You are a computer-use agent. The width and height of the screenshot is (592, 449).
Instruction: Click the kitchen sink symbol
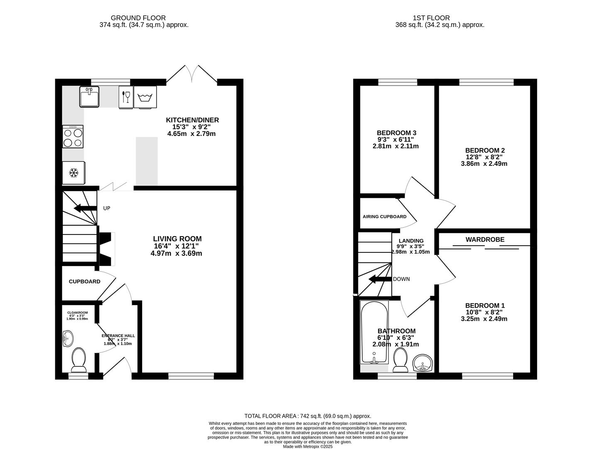point(89,97)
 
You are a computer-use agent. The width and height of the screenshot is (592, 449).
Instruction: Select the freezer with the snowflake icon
point(74,173)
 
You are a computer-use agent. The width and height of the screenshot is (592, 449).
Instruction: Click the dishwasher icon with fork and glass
point(126,97)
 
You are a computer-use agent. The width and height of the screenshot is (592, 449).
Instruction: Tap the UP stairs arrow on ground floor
point(83,208)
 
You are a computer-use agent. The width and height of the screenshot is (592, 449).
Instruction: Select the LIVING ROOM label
point(177,239)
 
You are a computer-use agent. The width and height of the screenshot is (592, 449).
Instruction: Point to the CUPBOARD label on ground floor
point(84,281)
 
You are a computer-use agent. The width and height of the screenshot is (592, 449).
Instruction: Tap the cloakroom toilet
point(79,360)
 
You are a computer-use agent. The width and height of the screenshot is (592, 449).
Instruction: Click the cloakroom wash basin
point(67,338)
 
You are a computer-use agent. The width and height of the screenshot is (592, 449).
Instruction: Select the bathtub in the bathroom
point(375,332)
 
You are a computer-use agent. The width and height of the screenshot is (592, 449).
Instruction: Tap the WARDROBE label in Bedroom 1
point(485,239)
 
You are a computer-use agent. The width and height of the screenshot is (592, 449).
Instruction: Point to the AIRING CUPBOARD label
point(384,217)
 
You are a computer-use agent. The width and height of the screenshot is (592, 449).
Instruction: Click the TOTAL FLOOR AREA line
point(307,416)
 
